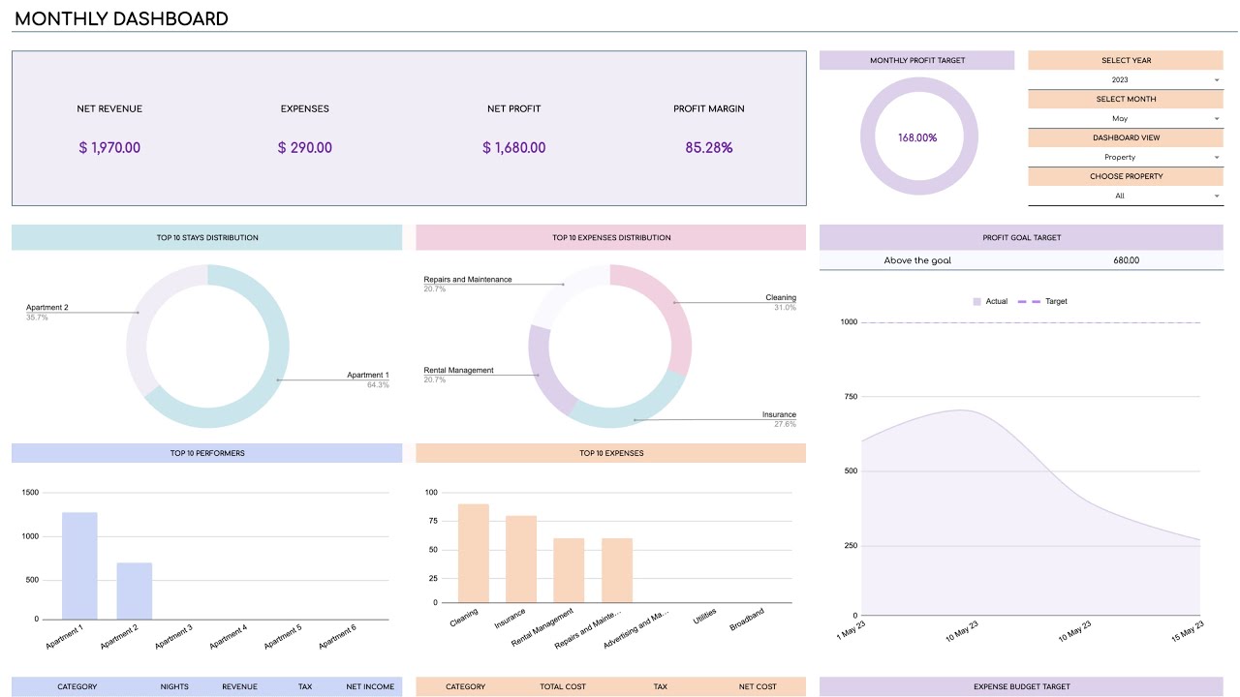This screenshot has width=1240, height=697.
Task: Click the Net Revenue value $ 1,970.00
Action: (109, 148)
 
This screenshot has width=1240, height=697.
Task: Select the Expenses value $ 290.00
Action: (304, 148)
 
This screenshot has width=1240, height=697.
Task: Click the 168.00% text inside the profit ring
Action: (916, 137)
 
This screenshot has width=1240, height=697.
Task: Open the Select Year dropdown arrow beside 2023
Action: (1216, 80)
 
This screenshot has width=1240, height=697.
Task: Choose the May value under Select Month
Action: (1119, 118)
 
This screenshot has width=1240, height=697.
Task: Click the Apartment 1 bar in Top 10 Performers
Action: (79, 565)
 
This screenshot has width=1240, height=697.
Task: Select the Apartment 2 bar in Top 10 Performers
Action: (135, 591)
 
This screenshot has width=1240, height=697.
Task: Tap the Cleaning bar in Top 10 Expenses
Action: (473, 553)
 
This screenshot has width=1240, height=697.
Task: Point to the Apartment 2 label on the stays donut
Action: (47, 308)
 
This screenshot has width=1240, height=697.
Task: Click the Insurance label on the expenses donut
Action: (779, 415)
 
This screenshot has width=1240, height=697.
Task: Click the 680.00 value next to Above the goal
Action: (1126, 260)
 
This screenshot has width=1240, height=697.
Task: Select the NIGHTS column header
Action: (174, 687)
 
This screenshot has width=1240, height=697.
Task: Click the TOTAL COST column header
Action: (563, 687)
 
